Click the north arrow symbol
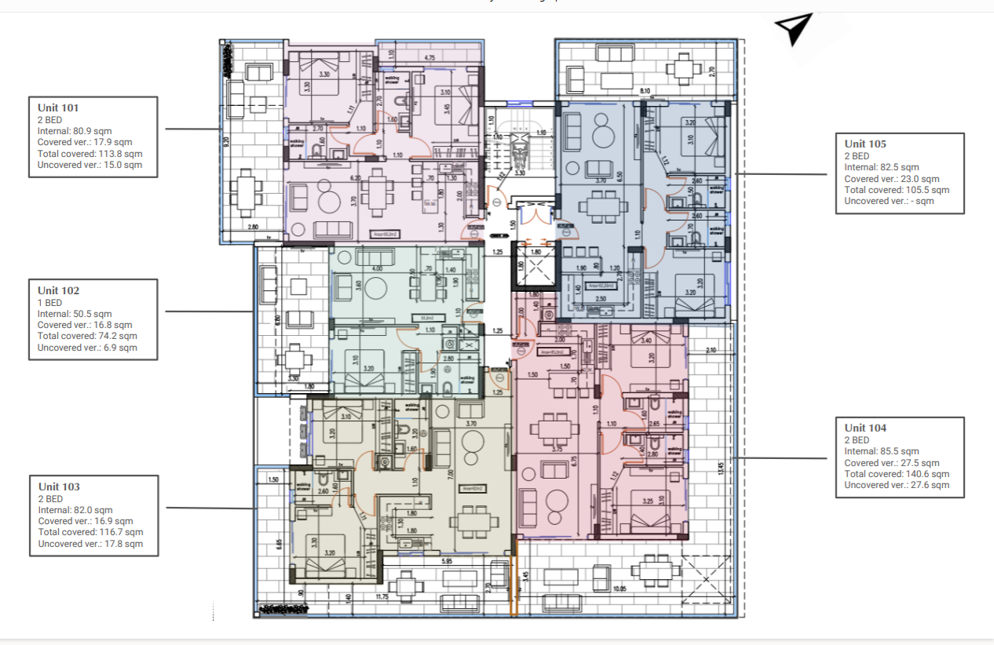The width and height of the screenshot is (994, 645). click(795, 28)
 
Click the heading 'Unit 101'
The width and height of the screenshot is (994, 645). click(58, 107)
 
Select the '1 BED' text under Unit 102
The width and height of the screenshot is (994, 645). click(49, 302)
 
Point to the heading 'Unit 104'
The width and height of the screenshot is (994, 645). click(866, 428)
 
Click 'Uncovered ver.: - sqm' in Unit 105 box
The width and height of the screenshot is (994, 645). click(889, 201)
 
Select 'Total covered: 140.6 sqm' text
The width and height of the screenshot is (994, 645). click(897, 474)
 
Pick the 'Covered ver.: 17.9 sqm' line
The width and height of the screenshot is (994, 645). click(84, 142)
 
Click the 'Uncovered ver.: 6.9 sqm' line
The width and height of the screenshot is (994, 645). click(87, 348)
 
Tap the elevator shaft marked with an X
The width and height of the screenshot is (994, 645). click(534, 269)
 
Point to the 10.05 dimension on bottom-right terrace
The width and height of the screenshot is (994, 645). click(619, 589)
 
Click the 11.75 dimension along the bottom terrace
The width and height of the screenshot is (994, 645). click(382, 598)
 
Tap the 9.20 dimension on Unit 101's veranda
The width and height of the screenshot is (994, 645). click(226, 144)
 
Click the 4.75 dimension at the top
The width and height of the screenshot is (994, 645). click(429, 58)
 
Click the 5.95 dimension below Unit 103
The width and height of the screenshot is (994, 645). click(446, 561)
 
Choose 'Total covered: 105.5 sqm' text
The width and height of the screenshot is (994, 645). click(897, 190)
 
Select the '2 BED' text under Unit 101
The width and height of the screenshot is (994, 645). click(49, 119)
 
